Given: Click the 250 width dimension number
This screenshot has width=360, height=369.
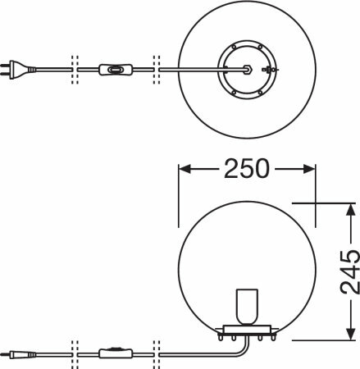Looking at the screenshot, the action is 247,169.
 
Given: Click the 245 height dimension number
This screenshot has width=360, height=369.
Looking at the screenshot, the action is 349,271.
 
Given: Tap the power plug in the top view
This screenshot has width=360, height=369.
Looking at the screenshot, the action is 18,70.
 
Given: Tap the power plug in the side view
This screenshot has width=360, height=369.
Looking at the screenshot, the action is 18,355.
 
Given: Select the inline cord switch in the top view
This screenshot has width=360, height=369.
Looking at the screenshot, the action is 116,70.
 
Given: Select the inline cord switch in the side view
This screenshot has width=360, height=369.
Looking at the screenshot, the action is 116,353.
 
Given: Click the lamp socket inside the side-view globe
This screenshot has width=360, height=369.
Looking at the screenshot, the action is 247,307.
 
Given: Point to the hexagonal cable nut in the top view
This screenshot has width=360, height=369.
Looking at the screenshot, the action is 248,70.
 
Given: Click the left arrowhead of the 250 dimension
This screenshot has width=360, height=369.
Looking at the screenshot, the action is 185,169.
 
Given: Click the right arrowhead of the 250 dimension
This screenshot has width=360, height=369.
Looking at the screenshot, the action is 310,169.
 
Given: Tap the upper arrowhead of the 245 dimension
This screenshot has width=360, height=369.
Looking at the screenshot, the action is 350,209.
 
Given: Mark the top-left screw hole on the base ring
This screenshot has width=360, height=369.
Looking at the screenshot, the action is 234,48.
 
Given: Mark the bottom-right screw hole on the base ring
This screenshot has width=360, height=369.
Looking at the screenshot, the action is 260,93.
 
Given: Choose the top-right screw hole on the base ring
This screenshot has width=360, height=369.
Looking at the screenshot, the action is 260,48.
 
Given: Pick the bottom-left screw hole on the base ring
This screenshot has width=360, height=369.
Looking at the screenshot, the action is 234,93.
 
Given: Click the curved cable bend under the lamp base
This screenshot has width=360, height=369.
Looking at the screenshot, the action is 245,349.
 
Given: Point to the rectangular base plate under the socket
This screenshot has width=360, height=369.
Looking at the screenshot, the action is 247,329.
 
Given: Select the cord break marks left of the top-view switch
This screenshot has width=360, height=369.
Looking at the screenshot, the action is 75,70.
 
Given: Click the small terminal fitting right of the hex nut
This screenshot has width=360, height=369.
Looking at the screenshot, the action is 269,70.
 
